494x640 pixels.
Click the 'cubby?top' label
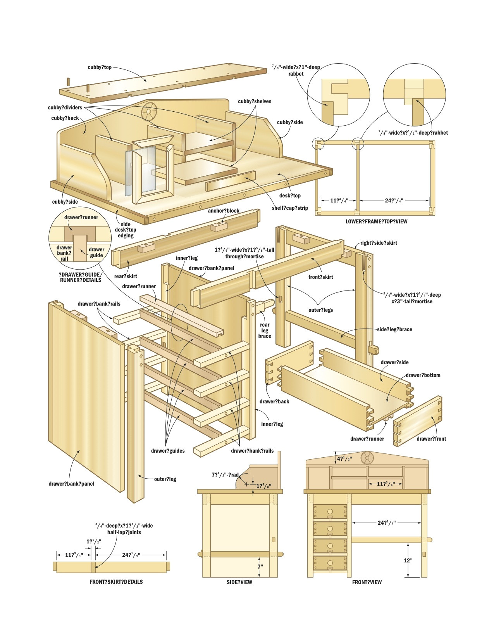(100, 67)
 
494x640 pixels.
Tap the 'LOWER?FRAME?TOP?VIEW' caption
(376, 221)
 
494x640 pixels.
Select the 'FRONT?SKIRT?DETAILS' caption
(116, 582)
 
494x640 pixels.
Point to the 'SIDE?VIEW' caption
(239, 582)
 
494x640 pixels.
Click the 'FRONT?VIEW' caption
(367, 582)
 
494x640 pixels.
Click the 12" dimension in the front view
(408, 560)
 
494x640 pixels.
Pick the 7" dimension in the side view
(260, 566)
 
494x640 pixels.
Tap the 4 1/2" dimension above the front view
(344, 459)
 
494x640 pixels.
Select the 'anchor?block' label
(224, 211)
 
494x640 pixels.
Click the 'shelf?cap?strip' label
(290, 208)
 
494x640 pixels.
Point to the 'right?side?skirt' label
(379, 243)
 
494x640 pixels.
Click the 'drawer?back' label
(274, 401)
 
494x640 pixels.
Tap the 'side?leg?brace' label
(394, 329)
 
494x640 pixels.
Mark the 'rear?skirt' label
(126, 276)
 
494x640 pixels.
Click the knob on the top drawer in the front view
(330, 511)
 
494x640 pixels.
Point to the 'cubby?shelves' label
(255, 101)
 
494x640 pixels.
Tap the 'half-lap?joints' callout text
(124, 532)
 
